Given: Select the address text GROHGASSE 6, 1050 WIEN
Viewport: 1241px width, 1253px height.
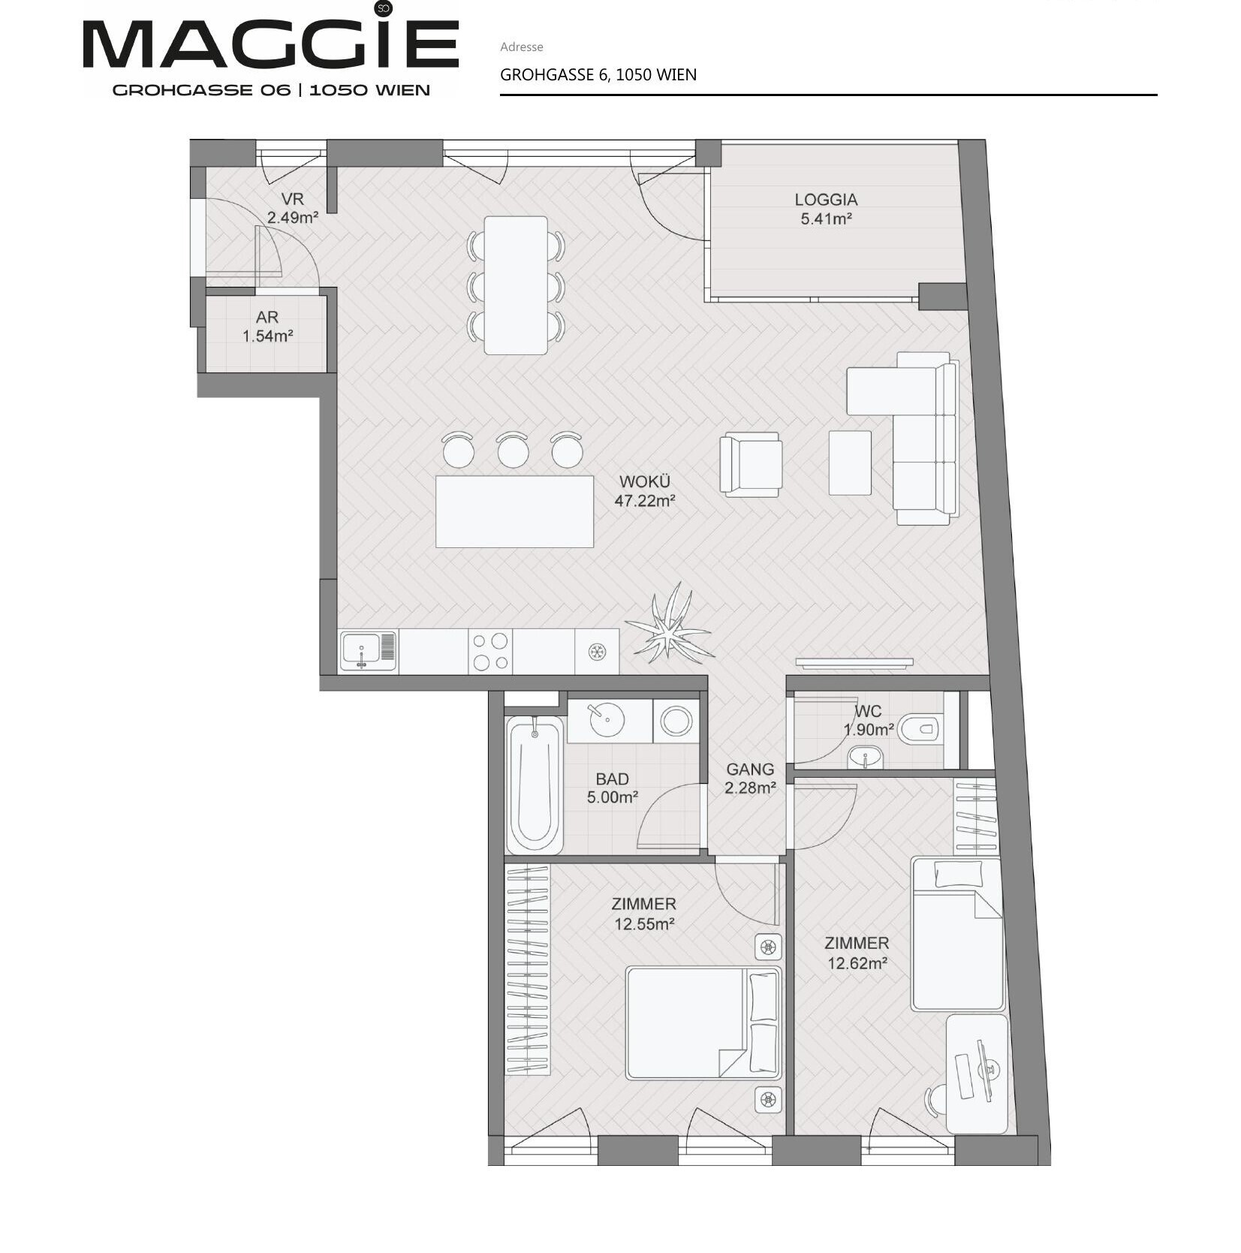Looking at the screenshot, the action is (x=598, y=75).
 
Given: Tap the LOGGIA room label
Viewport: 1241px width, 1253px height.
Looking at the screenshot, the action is (x=826, y=200).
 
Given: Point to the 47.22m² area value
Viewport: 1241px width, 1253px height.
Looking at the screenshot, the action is (x=645, y=501).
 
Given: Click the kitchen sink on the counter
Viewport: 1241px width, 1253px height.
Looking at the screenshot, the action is (x=368, y=650).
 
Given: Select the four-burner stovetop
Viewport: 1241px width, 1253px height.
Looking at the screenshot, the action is (x=490, y=651).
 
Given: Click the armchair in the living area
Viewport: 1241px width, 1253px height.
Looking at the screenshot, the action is (x=751, y=464).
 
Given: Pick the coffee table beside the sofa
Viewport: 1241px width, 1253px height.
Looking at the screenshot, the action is (x=850, y=462).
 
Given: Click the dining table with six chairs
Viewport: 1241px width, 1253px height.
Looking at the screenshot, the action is (x=516, y=285).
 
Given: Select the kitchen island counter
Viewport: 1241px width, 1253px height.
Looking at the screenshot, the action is (x=515, y=511).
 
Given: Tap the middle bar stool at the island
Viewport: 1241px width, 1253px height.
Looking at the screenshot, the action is (x=513, y=450).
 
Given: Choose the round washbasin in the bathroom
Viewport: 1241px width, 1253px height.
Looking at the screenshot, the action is (x=607, y=721).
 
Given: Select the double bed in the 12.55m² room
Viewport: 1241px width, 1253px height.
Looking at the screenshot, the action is (x=703, y=1023).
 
